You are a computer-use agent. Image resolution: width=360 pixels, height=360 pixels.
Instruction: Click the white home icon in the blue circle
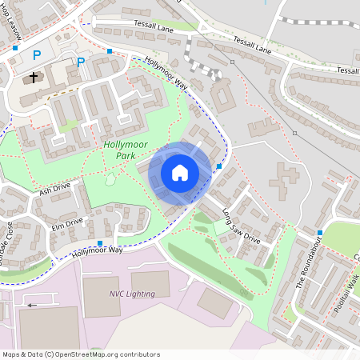click(x=180, y=172)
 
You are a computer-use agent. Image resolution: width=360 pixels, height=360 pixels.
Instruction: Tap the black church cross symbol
click(x=34, y=78)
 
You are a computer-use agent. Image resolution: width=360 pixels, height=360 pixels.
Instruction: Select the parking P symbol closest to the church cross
click(x=36, y=55)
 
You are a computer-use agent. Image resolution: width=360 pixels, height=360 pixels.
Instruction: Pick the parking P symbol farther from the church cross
click(x=81, y=62)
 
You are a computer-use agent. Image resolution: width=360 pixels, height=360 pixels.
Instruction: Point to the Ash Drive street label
click(x=55, y=190)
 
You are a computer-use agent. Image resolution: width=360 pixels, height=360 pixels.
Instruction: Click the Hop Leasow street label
click(x=13, y=24)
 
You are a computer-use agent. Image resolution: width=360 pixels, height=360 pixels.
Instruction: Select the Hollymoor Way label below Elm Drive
click(x=97, y=251)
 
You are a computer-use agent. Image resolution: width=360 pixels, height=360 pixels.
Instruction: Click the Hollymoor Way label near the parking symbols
click(x=166, y=73)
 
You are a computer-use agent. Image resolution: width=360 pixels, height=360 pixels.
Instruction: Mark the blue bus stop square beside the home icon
click(x=219, y=166)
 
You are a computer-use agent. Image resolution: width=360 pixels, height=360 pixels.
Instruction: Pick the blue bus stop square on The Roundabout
click(x=320, y=233)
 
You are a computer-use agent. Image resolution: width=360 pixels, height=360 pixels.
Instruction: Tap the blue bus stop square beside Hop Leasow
click(x=15, y=48)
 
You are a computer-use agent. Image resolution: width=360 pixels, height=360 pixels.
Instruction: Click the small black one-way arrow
click(x=32, y=305)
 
